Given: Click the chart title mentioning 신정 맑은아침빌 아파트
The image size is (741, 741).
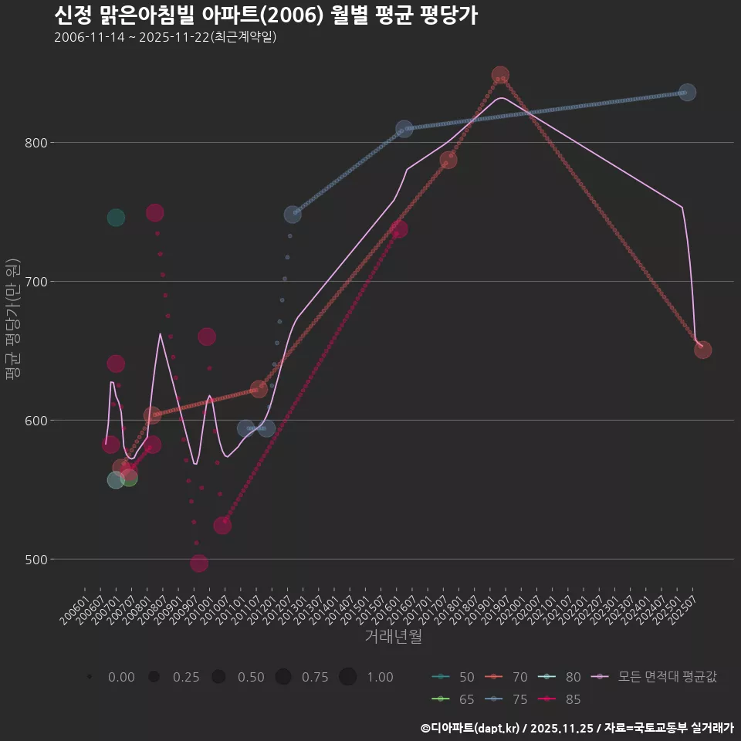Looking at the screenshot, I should tap(266, 15).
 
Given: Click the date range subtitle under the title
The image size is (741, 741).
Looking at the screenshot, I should tap(165, 37).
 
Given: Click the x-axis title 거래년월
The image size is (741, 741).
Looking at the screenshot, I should tap(393, 637).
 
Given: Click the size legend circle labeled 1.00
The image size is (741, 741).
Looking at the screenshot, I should tap(347, 677).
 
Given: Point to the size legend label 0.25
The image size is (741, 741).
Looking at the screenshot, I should tap(186, 677).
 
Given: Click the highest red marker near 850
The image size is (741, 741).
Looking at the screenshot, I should tap(500, 76).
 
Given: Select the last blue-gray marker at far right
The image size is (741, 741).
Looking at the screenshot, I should tap(687, 92).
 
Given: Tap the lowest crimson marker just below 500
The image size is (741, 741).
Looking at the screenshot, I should tap(199, 563).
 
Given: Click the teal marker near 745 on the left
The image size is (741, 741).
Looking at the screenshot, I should tap(116, 218).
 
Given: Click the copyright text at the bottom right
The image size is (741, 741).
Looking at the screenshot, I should tap(577, 728).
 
